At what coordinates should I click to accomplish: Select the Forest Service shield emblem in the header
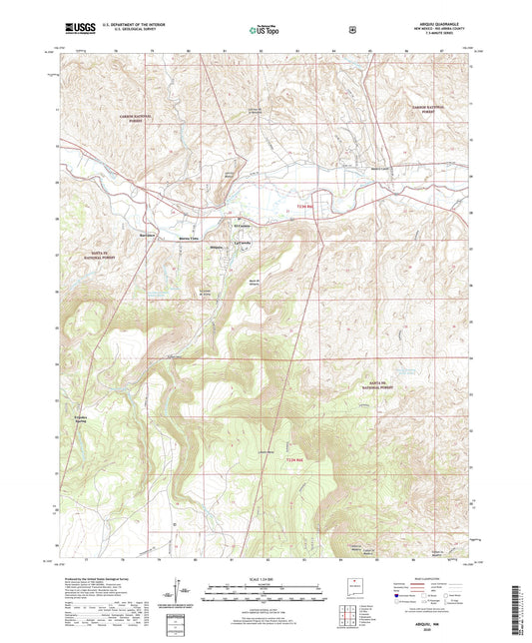coord(350,30)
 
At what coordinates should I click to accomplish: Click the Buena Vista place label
coord(189,239)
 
